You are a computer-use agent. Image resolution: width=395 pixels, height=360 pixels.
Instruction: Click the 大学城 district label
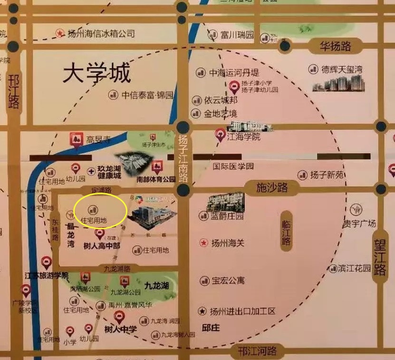(x=96, y=74)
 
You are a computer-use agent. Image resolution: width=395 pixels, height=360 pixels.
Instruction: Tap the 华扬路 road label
(x=336, y=46)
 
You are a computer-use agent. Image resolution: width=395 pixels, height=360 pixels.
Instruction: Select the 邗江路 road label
(x=14, y=92)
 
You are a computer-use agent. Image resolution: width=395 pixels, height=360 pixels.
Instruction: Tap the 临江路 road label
(x=286, y=233)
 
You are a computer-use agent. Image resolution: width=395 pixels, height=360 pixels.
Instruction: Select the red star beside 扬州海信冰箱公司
(x=60, y=33)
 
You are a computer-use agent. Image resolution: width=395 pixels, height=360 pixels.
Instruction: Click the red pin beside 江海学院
(x=220, y=135)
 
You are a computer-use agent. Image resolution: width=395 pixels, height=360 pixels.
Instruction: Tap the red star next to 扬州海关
(x=204, y=243)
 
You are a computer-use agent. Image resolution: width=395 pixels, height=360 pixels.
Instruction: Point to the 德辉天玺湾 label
(x=342, y=69)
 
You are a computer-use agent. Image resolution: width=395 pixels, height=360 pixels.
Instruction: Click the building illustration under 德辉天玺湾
(x=338, y=84)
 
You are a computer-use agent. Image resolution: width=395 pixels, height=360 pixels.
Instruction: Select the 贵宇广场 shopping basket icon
(x=356, y=209)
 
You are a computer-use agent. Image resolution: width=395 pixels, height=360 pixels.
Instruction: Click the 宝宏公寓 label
(x=228, y=281)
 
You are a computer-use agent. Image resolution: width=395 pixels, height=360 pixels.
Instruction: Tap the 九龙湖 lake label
(x=157, y=286)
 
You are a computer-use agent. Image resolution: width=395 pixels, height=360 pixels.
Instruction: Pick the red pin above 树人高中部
(x=100, y=234)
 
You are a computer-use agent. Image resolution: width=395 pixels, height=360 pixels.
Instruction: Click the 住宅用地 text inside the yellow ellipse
(x=94, y=220)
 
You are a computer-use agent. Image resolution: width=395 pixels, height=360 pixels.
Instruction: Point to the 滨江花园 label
(x=355, y=268)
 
